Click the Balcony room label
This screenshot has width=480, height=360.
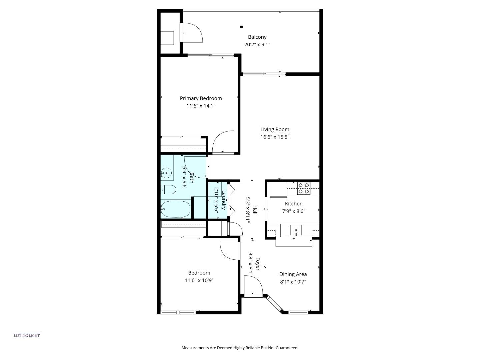click(257, 37)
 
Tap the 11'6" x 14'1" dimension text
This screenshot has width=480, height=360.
click(201, 106)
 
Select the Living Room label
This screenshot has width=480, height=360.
click(275, 129)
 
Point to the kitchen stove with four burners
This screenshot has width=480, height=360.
click(303, 188)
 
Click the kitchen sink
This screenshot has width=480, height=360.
click(296, 230)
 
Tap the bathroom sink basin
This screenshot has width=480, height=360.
click(166, 173)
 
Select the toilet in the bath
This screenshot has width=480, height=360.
click(168, 190)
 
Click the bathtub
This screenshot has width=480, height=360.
click(175, 209)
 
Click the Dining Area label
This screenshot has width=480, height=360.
click(293, 274)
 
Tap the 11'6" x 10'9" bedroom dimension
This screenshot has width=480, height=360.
click(199, 280)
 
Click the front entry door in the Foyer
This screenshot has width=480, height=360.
click(253, 286)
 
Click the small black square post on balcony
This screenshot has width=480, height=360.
click(241, 27)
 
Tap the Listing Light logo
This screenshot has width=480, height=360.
click(27, 335)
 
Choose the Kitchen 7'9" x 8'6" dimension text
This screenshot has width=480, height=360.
click(294, 211)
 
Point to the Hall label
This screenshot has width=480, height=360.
click(255, 210)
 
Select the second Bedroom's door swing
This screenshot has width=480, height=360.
click(229, 250)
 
